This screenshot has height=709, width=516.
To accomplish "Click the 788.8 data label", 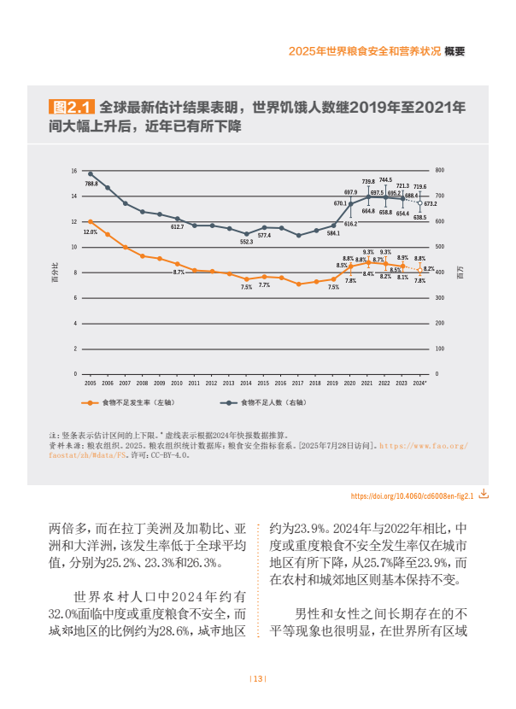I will click(91, 184).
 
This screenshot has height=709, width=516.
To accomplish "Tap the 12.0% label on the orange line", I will click(90, 231).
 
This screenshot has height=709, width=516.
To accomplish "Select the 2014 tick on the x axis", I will click(246, 384).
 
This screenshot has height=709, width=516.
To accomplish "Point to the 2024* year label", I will click(419, 384).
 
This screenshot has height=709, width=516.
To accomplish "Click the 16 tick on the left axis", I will click(74, 171).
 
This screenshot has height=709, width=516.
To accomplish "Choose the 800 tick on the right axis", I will click(440, 171).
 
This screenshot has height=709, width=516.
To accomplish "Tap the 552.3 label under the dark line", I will click(246, 242).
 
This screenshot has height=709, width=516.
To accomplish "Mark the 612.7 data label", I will click(177, 227).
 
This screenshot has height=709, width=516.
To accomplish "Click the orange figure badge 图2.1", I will click(72, 108).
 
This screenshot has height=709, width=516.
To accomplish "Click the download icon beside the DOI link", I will click(484, 494).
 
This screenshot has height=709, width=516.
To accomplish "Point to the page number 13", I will click(258, 679).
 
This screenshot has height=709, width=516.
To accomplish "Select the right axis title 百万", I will click(461, 272).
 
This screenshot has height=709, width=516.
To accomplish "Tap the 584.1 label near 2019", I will click(333, 232).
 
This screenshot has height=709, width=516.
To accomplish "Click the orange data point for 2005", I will click(91, 222).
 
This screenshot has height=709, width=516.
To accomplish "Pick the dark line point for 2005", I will click(91, 173).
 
